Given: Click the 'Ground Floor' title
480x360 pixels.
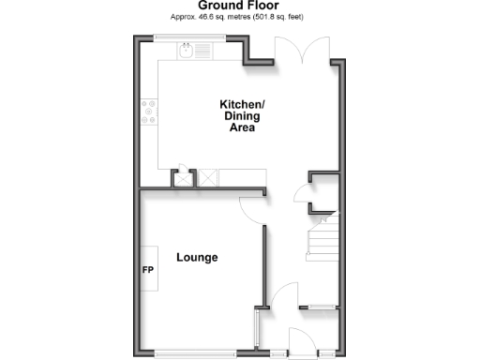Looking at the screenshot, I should coord(238,6).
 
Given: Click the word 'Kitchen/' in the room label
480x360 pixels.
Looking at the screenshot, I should coord(243,104).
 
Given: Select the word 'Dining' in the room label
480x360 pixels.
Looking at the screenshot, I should coord(243,116).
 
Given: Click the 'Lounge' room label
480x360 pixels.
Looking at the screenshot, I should coord(197,257).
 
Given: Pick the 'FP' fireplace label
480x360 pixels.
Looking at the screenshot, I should coord(147,270).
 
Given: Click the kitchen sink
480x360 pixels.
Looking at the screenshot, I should coord(188,52).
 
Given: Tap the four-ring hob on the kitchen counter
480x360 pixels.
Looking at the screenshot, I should coord(148,112).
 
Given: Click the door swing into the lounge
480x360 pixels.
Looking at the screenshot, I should coord(252,208).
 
